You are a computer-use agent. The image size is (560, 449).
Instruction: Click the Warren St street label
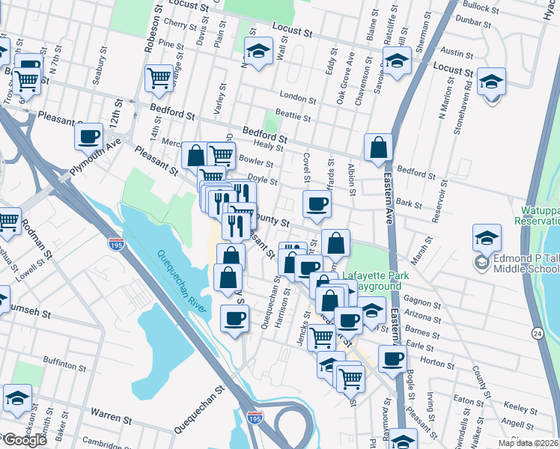[112, 412]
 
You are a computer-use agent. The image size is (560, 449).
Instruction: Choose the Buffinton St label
[64, 365]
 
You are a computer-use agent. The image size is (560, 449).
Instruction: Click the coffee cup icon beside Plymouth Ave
[89, 136]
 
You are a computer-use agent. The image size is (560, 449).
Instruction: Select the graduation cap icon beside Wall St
[258, 50]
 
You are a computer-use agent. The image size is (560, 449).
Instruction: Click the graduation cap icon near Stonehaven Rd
[492, 80]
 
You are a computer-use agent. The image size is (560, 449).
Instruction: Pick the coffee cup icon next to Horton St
[392, 358]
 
